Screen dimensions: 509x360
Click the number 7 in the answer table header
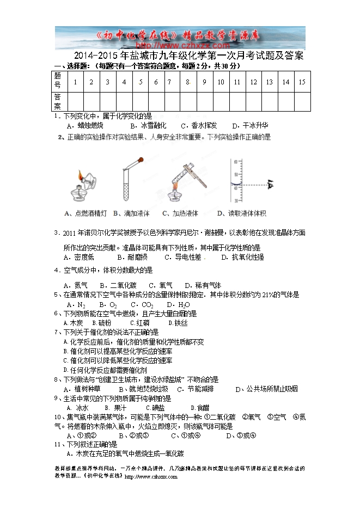(170, 82)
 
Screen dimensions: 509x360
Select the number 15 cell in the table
(302, 82)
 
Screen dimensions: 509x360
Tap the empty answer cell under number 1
(75, 101)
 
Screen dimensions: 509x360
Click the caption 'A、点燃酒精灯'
(86, 213)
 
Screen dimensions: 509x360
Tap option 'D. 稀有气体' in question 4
(203, 285)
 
